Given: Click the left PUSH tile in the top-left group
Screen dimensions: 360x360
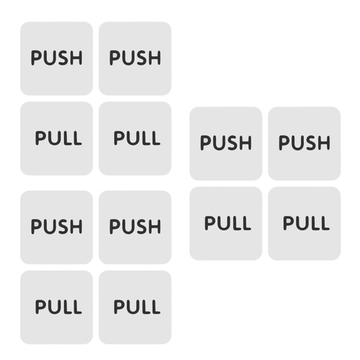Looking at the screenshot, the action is pyautogui.click(x=56, y=58).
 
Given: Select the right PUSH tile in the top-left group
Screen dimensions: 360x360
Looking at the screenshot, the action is pyautogui.click(x=135, y=58).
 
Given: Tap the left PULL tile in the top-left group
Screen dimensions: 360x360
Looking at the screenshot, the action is pyautogui.click(x=56, y=138).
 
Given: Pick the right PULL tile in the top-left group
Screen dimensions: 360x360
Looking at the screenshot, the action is pyautogui.click(x=135, y=138).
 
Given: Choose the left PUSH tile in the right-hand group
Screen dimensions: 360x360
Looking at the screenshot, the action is pyautogui.click(x=226, y=143).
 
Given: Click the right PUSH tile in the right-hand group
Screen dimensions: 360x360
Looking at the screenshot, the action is pyautogui.click(x=305, y=143).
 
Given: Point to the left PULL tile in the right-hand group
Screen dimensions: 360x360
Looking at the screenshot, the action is pyautogui.click(x=226, y=223).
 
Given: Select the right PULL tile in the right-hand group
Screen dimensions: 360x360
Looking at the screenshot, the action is pyautogui.click(x=305, y=223).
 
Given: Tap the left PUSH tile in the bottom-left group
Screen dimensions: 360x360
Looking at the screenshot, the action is pyautogui.click(x=56, y=228).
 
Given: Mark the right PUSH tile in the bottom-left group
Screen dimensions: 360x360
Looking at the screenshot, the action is pyautogui.click(x=135, y=228).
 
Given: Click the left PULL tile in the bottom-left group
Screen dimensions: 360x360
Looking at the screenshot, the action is pyautogui.click(x=56, y=307).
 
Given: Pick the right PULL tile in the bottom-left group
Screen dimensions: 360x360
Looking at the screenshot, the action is pyautogui.click(x=135, y=307).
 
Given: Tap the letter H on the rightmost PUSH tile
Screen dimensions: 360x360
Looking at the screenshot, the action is pyautogui.click(x=323, y=143).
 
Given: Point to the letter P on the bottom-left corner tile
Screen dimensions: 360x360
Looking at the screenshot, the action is pyautogui.click(x=40, y=307).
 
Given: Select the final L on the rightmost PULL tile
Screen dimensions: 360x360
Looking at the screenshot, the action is pyautogui.click(x=324, y=223).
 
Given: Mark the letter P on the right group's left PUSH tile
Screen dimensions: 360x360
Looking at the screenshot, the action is pyautogui.click(x=206, y=143).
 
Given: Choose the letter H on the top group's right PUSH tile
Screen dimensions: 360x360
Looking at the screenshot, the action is pyautogui.click(x=154, y=58).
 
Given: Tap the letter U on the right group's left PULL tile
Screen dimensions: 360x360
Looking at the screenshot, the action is pyautogui.click(x=223, y=223).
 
